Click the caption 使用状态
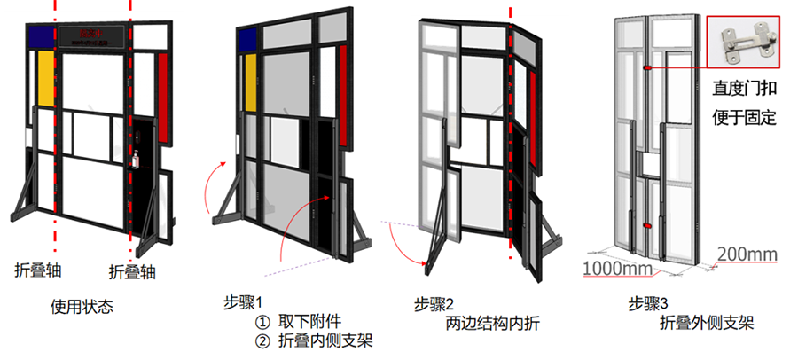82,308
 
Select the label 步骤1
241,301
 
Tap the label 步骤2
434,301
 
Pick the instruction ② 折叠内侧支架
309,340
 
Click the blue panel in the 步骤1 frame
247,38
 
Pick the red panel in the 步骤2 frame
529,98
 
